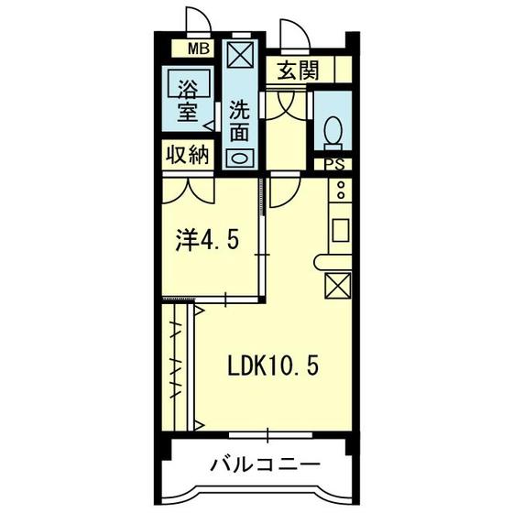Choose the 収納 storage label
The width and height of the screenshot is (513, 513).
189,154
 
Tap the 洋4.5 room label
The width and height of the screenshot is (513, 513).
208,242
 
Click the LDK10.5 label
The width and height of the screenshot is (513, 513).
274,366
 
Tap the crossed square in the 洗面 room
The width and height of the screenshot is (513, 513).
239,57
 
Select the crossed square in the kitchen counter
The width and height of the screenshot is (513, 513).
337,288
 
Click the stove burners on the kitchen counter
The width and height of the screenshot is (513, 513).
340,191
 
